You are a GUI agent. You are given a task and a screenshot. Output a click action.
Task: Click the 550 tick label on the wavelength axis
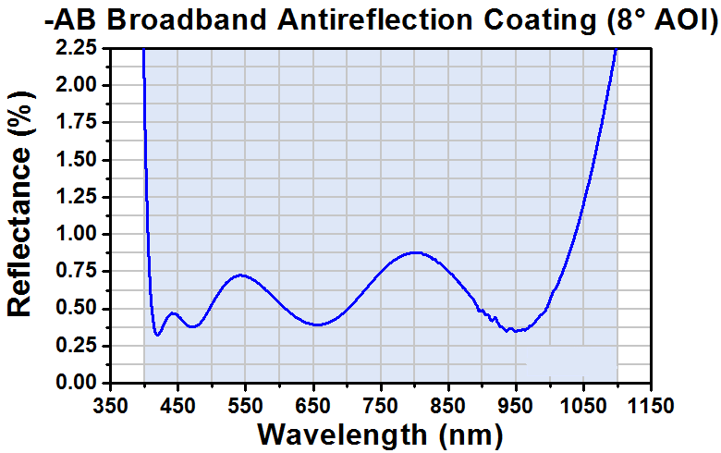[246, 406]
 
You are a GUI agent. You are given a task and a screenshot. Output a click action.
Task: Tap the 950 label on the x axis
[516, 406]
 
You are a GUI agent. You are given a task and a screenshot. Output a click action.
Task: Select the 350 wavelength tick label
[110, 406]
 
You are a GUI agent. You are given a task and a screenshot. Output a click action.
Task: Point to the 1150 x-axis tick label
[651, 406]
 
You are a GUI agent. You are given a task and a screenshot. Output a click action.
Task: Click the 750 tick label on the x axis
[381, 406]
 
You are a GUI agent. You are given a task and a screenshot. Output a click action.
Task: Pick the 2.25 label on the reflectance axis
[76, 48]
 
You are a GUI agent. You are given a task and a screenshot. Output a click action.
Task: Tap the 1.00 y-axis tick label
[76, 234]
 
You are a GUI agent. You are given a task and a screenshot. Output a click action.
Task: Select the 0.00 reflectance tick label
[76, 383]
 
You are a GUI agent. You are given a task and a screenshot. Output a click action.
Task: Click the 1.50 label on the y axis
[76, 160]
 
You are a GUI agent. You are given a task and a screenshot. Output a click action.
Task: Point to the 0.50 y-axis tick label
[76, 308]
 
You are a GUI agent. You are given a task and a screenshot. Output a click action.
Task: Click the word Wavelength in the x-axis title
[342, 435]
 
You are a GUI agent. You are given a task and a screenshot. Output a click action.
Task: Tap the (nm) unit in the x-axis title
[470, 435]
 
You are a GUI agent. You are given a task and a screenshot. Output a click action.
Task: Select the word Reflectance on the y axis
[19, 232]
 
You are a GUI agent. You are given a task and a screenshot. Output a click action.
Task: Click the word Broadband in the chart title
[187, 20]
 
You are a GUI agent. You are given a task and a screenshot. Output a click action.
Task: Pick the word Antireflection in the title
[374, 20]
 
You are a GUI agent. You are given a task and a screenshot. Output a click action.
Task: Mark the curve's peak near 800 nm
[415, 252]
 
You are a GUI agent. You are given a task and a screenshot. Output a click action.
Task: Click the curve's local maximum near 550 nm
[241, 275]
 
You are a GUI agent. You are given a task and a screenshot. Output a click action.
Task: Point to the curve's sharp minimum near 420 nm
[157, 335]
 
